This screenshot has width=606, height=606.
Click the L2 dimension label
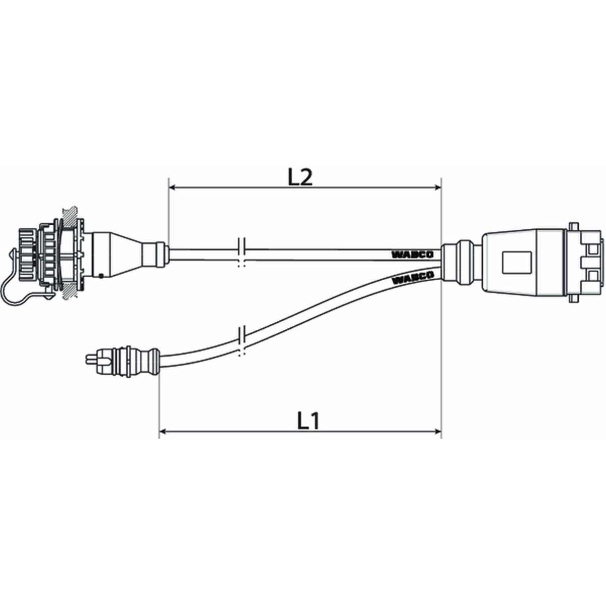[x=300, y=178]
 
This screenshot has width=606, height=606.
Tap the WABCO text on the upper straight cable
[x=412, y=254]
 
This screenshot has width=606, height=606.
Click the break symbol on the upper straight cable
[x=242, y=252]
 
